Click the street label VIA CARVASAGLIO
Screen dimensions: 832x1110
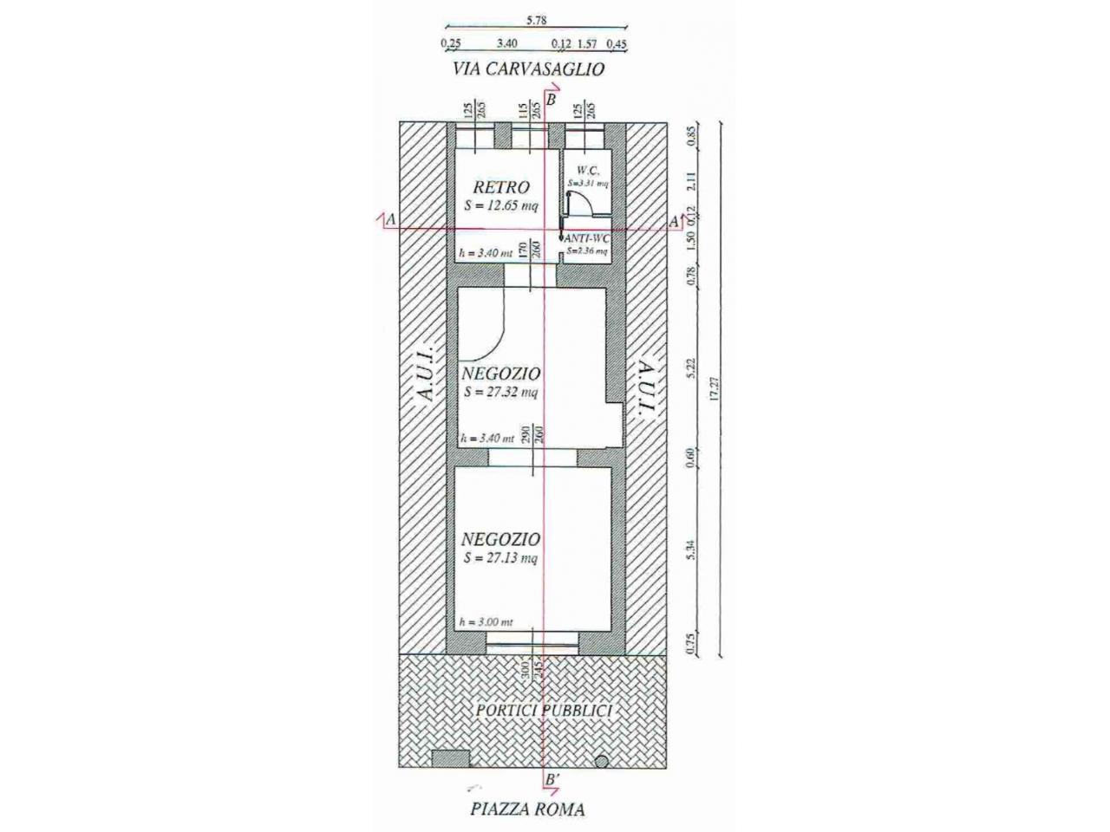pyautogui.click(x=527, y=69)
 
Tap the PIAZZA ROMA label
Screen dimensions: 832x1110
pyautogui.click(x=527, y=810)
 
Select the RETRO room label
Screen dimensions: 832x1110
pyautogui.click(x=501, y=187)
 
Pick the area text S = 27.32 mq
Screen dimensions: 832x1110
pyautogui.click(x=500, y=392)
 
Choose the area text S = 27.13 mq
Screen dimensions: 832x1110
pyautogui.click(x=500, y=558)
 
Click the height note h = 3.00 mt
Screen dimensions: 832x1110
pyautogui.click(x=486, y=622)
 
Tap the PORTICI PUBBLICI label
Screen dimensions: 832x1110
pyautogui.click(x=544, y=711)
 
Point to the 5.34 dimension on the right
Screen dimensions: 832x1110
pyautogui.click(x=691, y=549)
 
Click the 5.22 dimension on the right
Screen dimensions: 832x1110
pyautogui.click(x=691, y=368)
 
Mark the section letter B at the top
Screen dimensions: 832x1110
pyautogui.click(x=551, y=101)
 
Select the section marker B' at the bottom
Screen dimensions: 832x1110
pyautogui.click(x=551, y=780)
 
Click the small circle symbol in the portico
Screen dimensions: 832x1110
pyautogui.click(x=601, y=762)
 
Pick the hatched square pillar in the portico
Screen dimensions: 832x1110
pyautogui.click(x=450, y=758)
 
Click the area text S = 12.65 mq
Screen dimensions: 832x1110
pyautogui.click(x=500, y=206)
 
